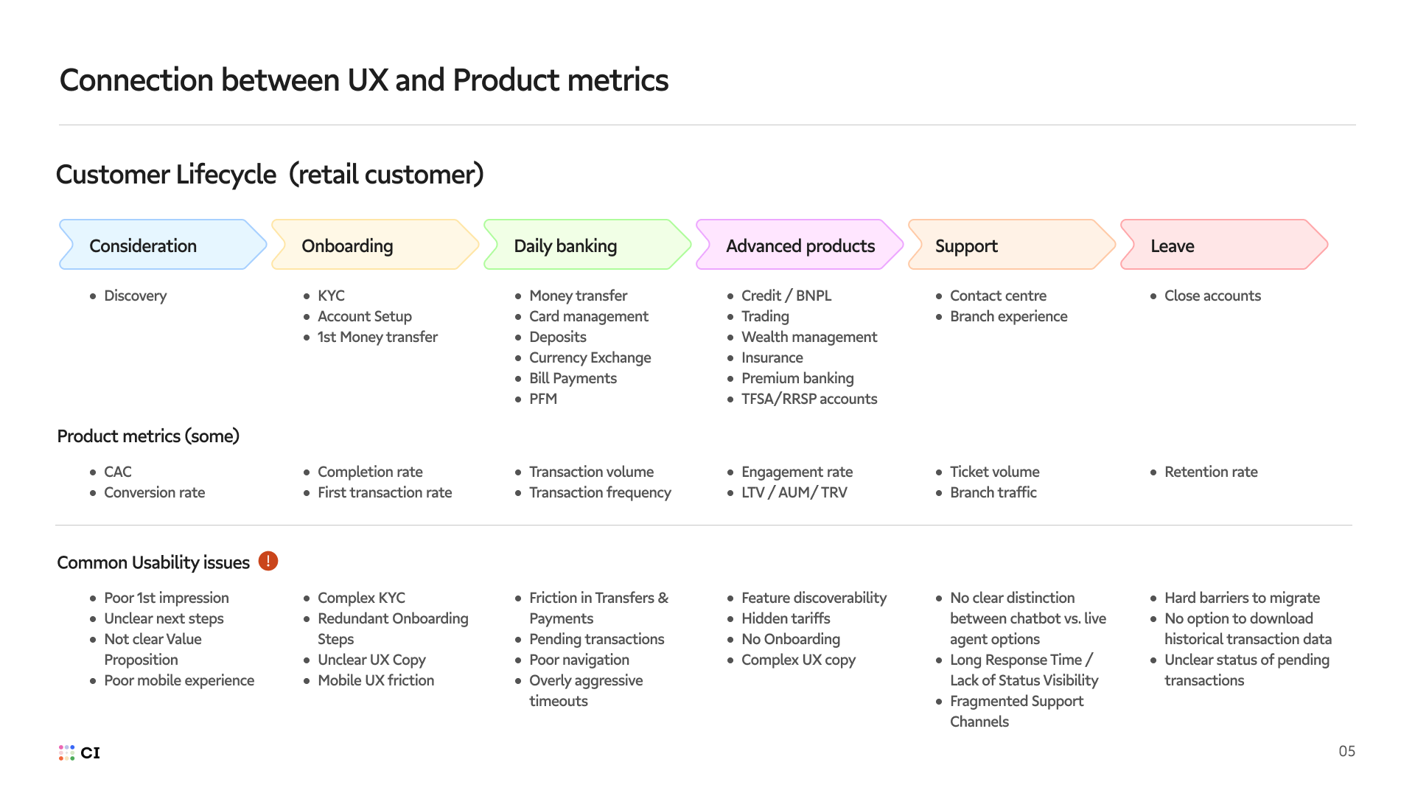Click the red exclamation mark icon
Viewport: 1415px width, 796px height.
pos(268,562)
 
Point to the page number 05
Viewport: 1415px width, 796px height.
pos(1346,751)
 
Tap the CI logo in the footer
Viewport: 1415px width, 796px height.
pos(80,753)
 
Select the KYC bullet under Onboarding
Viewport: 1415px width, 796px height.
pos(331,296)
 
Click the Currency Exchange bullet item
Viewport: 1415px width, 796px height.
pos(590,357)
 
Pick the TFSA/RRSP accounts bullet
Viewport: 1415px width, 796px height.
pos(808,399)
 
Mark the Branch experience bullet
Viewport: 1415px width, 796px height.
pos(1008,316)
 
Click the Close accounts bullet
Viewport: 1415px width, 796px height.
pos(1212,296)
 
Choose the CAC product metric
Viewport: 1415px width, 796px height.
pos(118,472)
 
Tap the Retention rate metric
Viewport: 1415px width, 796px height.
pos(1211,472)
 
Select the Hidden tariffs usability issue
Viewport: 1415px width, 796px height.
pos(786,618)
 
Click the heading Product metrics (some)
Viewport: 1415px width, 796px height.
pos(148,436)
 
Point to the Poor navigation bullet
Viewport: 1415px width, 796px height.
pos(579,660)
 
